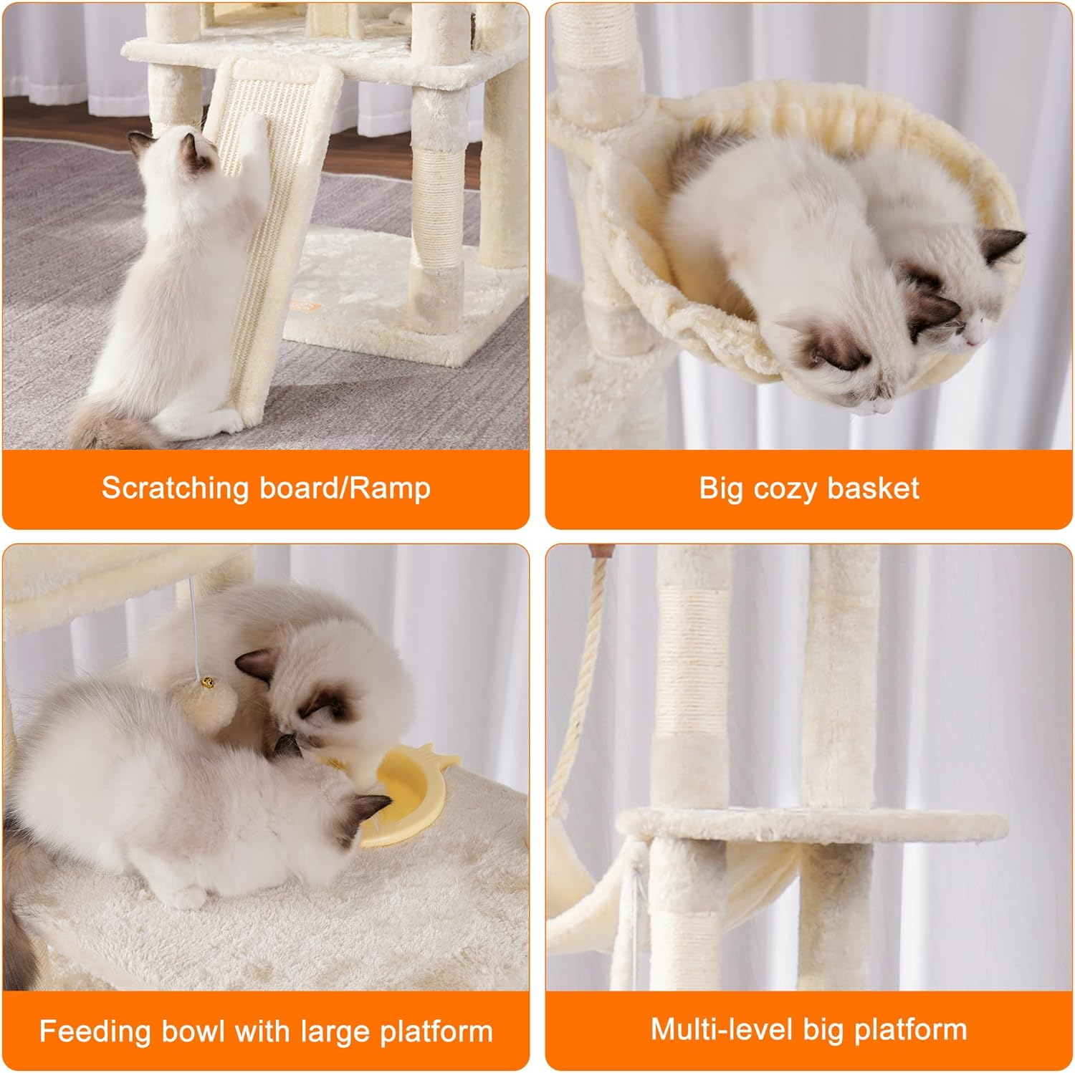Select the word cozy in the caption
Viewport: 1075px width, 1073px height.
784,489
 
